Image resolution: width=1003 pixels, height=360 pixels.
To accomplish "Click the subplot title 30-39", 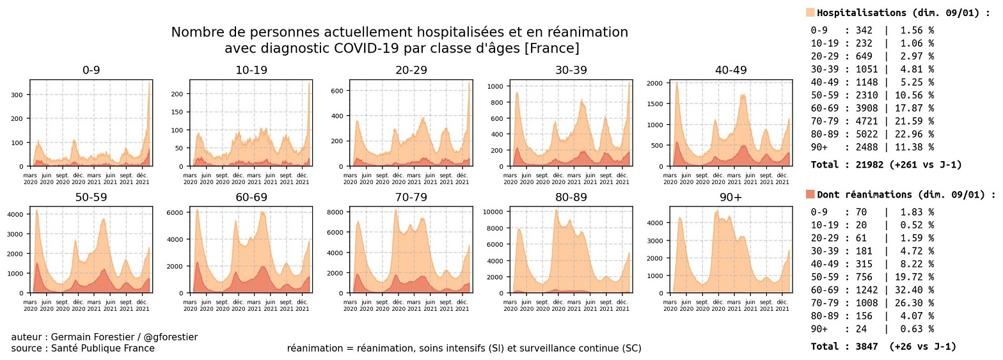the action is [571, 70].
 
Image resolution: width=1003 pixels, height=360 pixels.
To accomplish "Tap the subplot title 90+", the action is [731, 197].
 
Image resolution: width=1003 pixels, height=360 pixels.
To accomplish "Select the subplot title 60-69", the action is [251, 197].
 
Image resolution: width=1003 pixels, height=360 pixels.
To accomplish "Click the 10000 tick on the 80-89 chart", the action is [494, 212].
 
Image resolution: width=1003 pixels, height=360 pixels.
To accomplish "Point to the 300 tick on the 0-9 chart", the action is [17, 95].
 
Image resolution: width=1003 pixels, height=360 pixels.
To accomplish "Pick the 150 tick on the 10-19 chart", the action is [177, 112].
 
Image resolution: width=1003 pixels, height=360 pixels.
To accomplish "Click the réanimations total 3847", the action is [866, 347].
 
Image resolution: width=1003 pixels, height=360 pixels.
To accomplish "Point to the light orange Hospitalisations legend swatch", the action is [810, 13].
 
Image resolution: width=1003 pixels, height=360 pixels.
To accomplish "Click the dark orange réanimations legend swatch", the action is [810, 194].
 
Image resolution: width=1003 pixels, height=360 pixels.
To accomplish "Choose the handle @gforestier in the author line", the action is [171, 337].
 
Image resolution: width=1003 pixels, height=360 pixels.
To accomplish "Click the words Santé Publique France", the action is [102, 348].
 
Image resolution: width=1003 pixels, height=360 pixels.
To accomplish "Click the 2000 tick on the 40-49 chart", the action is [654, 83].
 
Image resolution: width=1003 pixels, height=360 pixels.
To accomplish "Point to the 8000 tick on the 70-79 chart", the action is [335, 212].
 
